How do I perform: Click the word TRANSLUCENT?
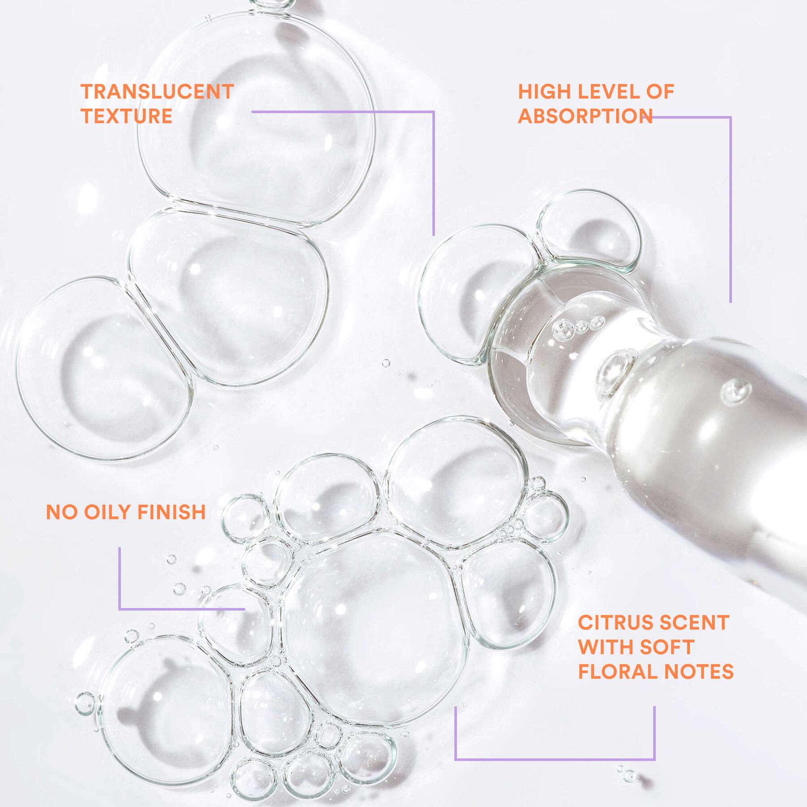[x=157, y=92]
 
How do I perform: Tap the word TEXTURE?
[x=127, y=116]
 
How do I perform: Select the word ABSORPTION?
[x=585, y=116]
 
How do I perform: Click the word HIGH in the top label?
[x=543, y=92]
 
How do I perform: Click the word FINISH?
[x=171, y=512]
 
